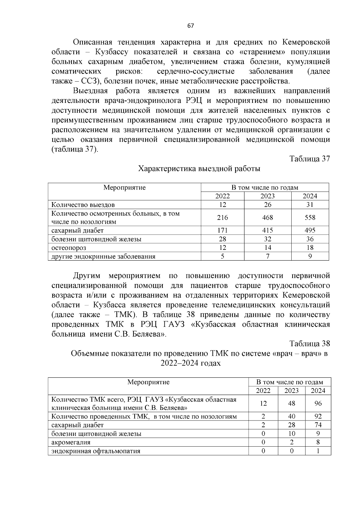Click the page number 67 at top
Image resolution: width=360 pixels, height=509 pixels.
tap(190, 26)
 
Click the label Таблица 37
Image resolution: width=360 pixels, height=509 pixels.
tap(310, 159)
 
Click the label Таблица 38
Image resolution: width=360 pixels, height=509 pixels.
tap(310, 343)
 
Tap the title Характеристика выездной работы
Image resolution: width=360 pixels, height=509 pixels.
tap(199, 169)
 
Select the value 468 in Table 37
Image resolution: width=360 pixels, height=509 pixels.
tap(267, 218)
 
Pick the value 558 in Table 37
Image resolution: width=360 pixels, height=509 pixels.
tap(310, 218)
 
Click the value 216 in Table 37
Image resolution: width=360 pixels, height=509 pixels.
tap(222, 218)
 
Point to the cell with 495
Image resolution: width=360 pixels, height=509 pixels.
tap(310, 230)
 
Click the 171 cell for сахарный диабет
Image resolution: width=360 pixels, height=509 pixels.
tap(222, 230)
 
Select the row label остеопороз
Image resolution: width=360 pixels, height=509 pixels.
tap(69, 248)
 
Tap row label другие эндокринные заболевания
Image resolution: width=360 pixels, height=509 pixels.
tap(103, 256)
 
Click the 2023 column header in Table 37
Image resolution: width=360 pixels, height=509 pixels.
tap(267, 196)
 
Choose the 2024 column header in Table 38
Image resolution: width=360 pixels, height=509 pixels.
tap(318, 391)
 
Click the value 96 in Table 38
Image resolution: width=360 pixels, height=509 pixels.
tap(318, 404)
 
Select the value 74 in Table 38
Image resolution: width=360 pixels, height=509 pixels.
tap(318, 425)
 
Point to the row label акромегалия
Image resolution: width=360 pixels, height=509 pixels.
tap(71, 442)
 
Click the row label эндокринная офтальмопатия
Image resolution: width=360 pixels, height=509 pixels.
tap(96, 451)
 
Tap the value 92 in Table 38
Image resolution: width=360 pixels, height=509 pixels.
tap(318, 417)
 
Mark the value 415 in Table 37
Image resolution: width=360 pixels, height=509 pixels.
tap(267, 230)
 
